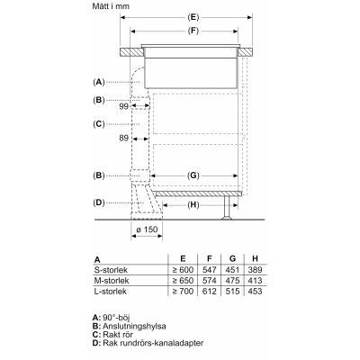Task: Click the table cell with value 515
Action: click(x=233, y=291)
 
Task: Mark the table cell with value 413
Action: click(x=256, y=280)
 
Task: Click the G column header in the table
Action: click(x=233, y=258)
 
